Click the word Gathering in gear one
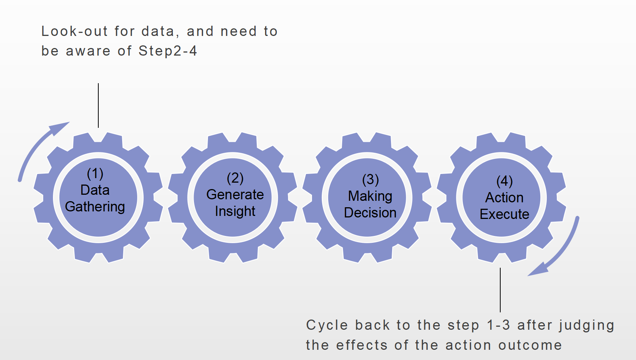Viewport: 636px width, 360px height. click(95, 207)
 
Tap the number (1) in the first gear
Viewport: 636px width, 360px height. click(95, 174)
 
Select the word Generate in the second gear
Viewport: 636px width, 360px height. click(235, 194)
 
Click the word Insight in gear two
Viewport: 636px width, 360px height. click(235, 211)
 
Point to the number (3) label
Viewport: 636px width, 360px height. click(370, 180)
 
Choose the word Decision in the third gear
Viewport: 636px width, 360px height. click(370, 213)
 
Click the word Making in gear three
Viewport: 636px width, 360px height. click(370, 196)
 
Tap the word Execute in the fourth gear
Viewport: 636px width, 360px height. click(504, 214)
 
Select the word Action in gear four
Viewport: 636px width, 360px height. click(504, 197)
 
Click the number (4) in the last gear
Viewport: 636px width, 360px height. click(504, 181)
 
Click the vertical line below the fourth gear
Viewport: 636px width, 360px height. click(500, 290)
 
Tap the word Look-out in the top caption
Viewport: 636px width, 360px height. click(74, 31)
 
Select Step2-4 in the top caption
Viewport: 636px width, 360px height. click(168, 51)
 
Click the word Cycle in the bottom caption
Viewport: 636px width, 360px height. click(327, 325)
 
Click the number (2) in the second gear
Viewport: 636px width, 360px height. click(235, 178)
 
